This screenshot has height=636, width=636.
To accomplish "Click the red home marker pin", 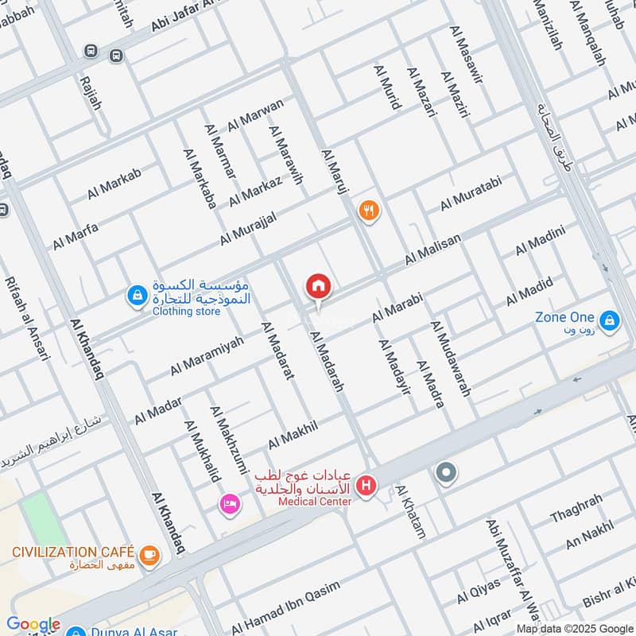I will coord(318,286).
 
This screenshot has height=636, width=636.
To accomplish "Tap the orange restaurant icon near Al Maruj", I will coord(369,211).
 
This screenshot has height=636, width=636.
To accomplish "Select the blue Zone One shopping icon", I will coord(610,320).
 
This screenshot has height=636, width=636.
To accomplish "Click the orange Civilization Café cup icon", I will coord(149,555).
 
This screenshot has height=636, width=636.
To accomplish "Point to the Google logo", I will coord(33,624).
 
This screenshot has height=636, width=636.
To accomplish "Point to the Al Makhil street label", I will coord(293,435).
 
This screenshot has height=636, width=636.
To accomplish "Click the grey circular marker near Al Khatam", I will coord(446,474).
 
